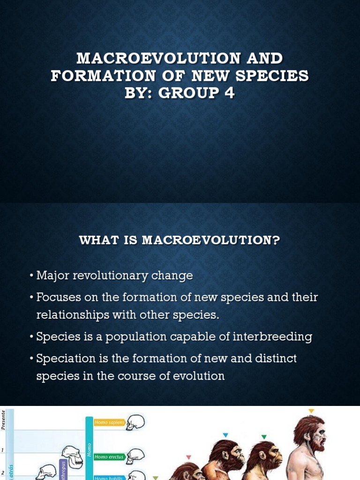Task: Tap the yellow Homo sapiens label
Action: click(x=110, y=422)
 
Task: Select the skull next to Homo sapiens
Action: click(x=135, y=422)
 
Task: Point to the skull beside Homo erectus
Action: click(x=135, y=455)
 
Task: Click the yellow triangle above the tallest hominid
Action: click(x=311, y=411)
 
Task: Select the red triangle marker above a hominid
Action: click(x=188, y=457)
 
